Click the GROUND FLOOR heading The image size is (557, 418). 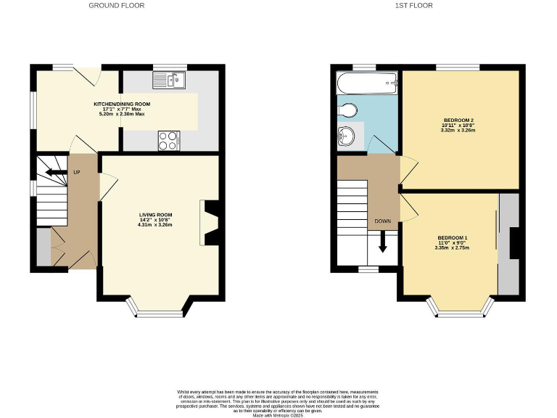click(x=116, y=5)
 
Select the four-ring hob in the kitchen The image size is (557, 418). click(x=169, y=139)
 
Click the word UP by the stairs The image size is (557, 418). click(x=76, y=172)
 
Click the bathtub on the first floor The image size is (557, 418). click(x=367, y=83)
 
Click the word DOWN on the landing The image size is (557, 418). click(x=383, y=221)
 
